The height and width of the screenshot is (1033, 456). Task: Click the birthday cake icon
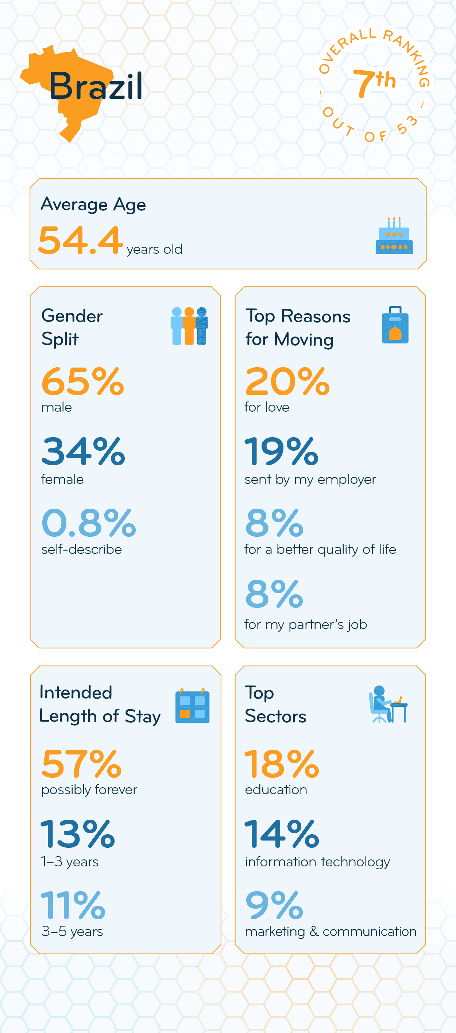394,236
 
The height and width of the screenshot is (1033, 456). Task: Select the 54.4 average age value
80,240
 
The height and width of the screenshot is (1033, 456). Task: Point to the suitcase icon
395,325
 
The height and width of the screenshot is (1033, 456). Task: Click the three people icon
189,326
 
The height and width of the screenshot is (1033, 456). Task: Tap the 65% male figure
82,381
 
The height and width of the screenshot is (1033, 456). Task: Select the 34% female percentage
83,451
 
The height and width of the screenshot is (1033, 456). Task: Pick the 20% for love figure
287,381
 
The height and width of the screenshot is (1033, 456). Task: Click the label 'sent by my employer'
310,479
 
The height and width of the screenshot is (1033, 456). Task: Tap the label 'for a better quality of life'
320,549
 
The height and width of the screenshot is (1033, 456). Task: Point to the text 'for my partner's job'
306,624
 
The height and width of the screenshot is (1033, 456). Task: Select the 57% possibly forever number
81,764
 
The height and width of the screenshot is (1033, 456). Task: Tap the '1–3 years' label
70,862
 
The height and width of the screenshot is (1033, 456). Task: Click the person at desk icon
387,704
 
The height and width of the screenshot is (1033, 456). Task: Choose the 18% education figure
282,764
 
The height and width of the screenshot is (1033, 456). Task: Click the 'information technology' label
317,862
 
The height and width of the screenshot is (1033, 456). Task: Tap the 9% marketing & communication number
274,905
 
